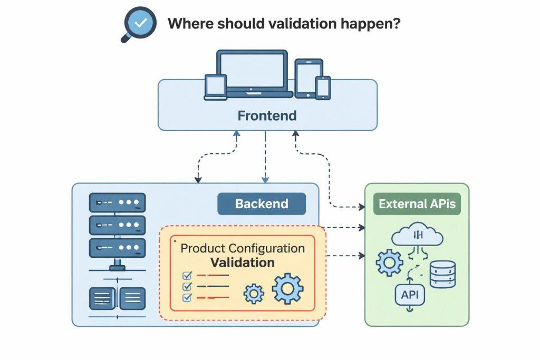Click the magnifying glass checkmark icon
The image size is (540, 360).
pyautogui.click(x=139, y=23)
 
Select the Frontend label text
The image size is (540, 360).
pyautogui.click(x=267, y=115)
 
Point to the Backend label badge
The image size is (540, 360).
pyautogui.click(x=262, y=204)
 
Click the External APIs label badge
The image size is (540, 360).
pyautogui.click(x=417, y=204)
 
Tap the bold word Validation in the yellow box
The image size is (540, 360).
pyautogui.click(x=243, y=262)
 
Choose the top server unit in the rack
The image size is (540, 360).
pyautogui.click(x=117, y=202)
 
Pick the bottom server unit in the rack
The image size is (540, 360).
pyautogui.click(x=117, y=247)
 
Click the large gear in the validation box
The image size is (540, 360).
pyautogui.click(x=288, y=289)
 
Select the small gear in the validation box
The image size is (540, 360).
pyautogui.click(x=254, y=293)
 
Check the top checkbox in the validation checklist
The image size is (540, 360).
pyautogui.click(x=186, y=275)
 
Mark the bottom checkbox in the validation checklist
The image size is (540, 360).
pyautogui.click(x=186, y=298)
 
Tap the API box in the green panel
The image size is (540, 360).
pyautogui.click(x=409, y=295)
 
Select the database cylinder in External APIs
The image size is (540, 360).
pyautogui.click(x=442, y=273)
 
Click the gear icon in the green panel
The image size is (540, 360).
pyautogui.click(x=389, y=262)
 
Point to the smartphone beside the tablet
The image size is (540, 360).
pyautogui.click(x=323, y=87)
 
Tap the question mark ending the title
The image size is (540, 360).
pyautogui.click(x=395, y=23)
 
